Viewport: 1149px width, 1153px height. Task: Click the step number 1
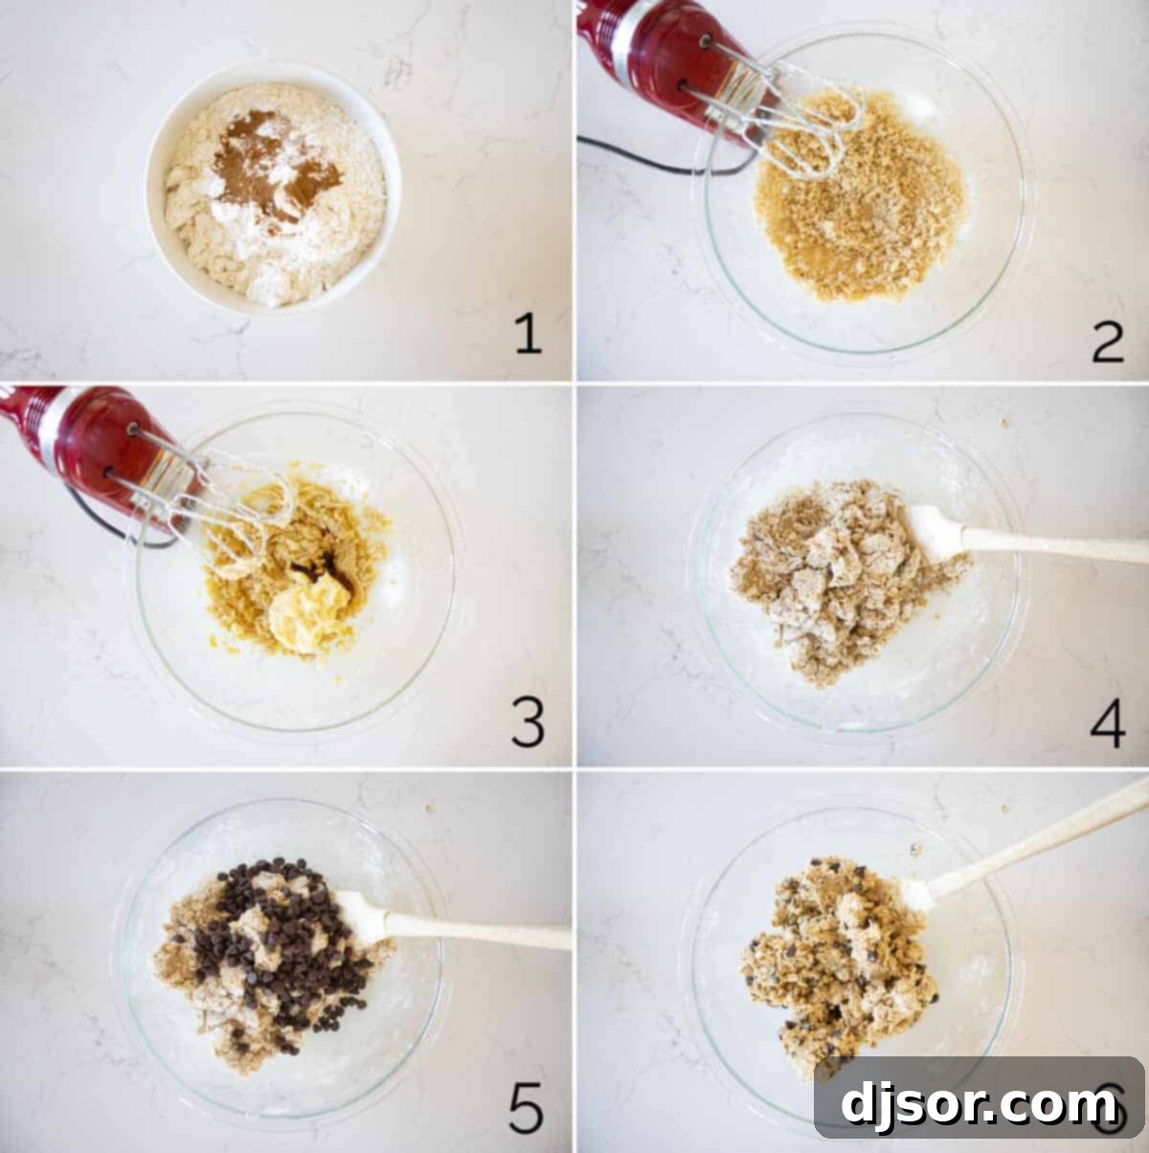point(528,335)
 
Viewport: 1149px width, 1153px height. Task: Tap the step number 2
point(1108,342)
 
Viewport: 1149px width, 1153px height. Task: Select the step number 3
point(528,723)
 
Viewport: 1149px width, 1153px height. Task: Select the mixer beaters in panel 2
point(804,124)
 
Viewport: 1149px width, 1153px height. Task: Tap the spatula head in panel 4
point(934,531)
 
